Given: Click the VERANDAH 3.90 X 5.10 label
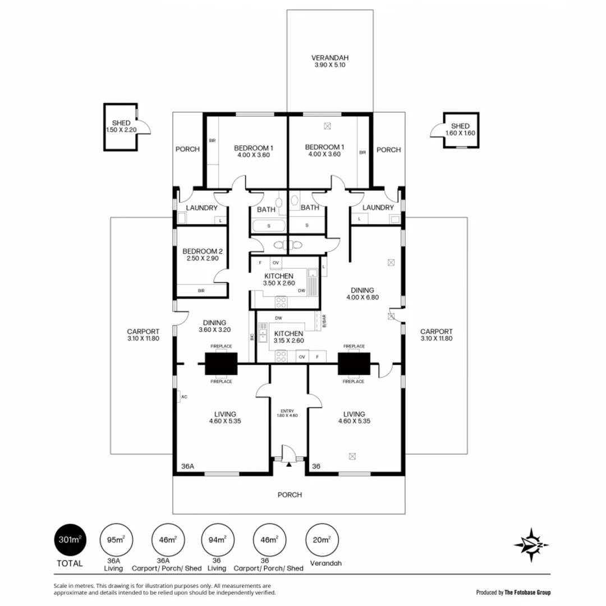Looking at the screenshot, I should (330, 62).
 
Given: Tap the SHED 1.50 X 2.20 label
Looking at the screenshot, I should (121, 126).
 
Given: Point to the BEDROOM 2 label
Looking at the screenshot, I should (200, 255).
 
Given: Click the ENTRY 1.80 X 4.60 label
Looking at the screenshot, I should (287, 413).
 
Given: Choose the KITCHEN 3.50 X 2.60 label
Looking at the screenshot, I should (279, 280).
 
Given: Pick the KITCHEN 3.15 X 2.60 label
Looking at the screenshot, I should (288, 336).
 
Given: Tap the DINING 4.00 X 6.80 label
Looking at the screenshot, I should (362, 293).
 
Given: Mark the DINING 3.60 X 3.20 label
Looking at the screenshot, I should (215, 326).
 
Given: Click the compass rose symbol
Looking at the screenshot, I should (531, 545).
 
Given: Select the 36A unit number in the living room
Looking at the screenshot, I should (188, 466).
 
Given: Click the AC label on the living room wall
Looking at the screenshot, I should (183, 397).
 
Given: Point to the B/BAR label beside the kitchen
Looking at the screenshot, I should (323, 322).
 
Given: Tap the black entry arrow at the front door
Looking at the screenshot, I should (289, 464).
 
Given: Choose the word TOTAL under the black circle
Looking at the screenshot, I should (69, 563).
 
